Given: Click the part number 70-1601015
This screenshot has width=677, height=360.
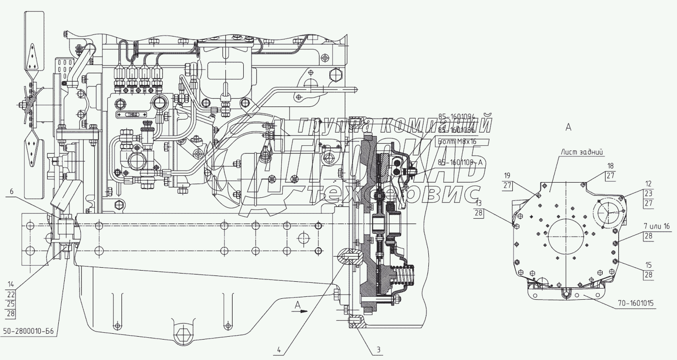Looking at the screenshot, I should (x=635, y=304).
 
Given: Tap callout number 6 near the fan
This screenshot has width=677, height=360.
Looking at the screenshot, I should (x=11, y=192).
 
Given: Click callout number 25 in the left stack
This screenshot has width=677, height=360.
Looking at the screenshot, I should (x=11, y=304).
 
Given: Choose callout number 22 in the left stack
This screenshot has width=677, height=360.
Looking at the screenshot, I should (x=11, y=294).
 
